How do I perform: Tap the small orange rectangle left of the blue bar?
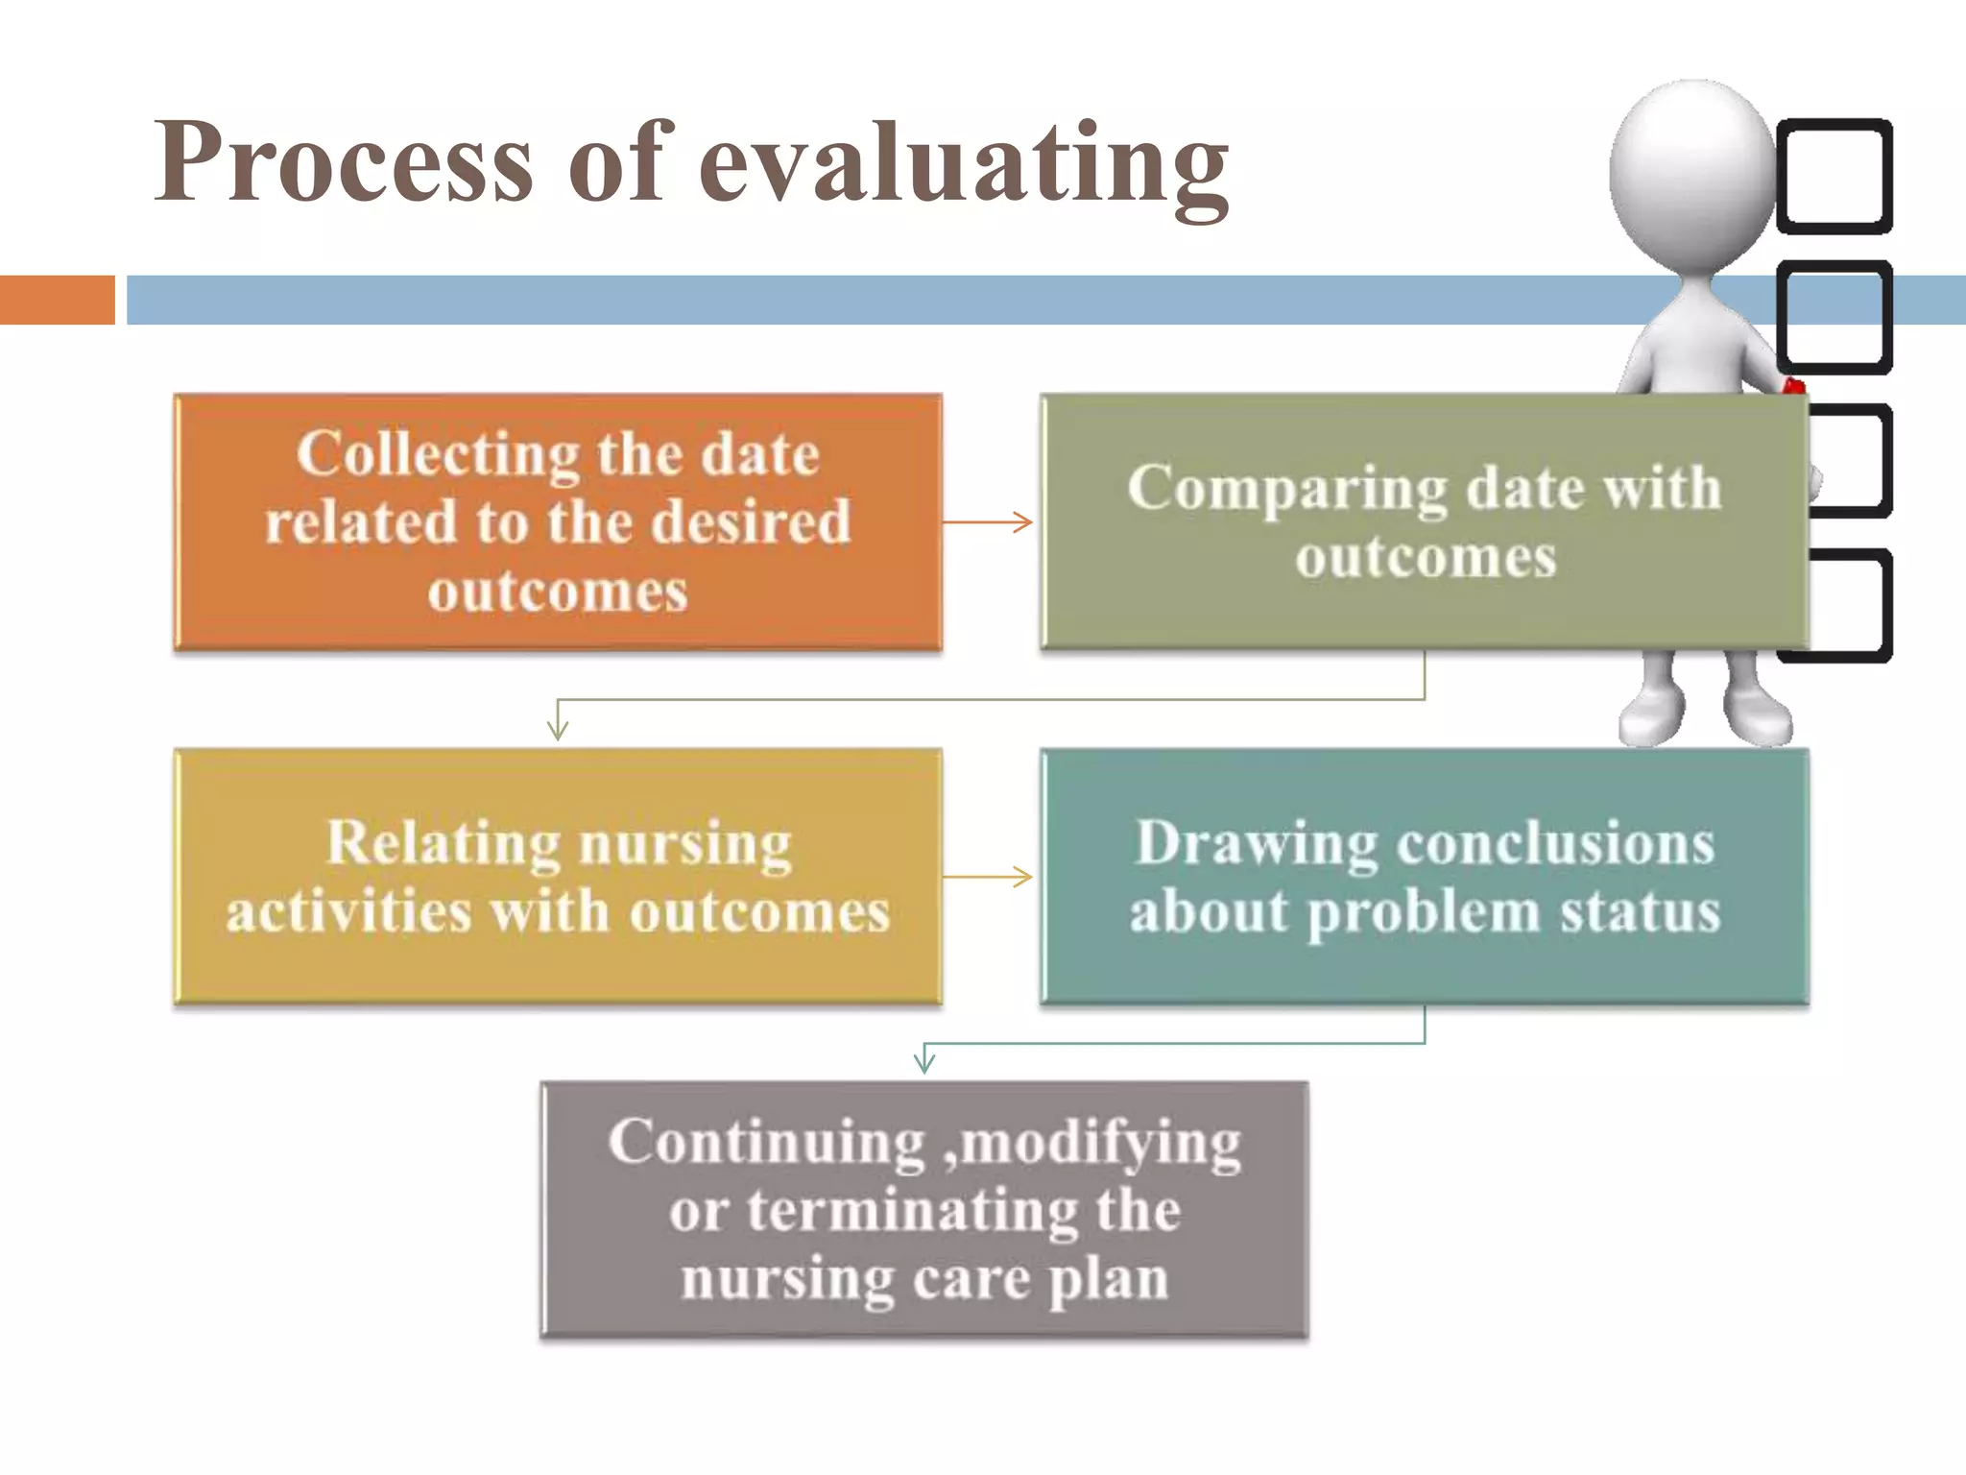(57, 300)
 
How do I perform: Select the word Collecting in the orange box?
(438, 454)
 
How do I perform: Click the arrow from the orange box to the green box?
(989, 522)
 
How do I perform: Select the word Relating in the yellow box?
(443, 844)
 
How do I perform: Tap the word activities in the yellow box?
(348, 911)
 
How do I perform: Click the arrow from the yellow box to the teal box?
(989, 876)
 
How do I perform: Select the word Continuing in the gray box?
(766, 1143)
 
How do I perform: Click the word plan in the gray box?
(1108, 1279)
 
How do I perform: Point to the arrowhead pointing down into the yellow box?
(558, 730)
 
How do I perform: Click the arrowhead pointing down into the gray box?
(924, 1062)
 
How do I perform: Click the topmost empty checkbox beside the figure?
(1834, 176)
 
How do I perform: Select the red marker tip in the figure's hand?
(1792, 387)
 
